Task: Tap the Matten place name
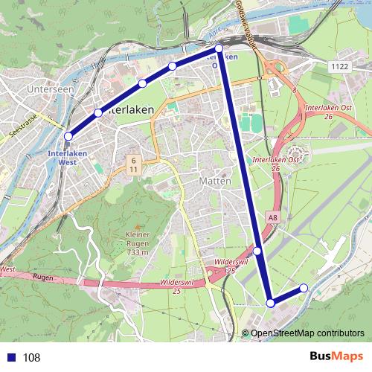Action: click(x=216, y=181)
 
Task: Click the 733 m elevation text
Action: click(x=138, y=252)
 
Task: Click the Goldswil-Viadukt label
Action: click(x=246, y=22)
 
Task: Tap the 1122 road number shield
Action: click(x=339, y=66)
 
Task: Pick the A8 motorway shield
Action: click(x=273, y=217)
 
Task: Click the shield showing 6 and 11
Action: click(x=133, y=164)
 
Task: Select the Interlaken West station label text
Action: click(x=62, y=157)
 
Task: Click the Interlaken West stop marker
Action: click(x=68, y=136)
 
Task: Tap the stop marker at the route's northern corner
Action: click(x=219, y=48)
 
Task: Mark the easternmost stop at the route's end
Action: click(x=304, y=288)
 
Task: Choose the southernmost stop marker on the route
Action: click(x=271, y=303)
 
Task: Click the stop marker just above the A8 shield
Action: click(x=257, y=251)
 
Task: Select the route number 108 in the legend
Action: click(x=31, y=358)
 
